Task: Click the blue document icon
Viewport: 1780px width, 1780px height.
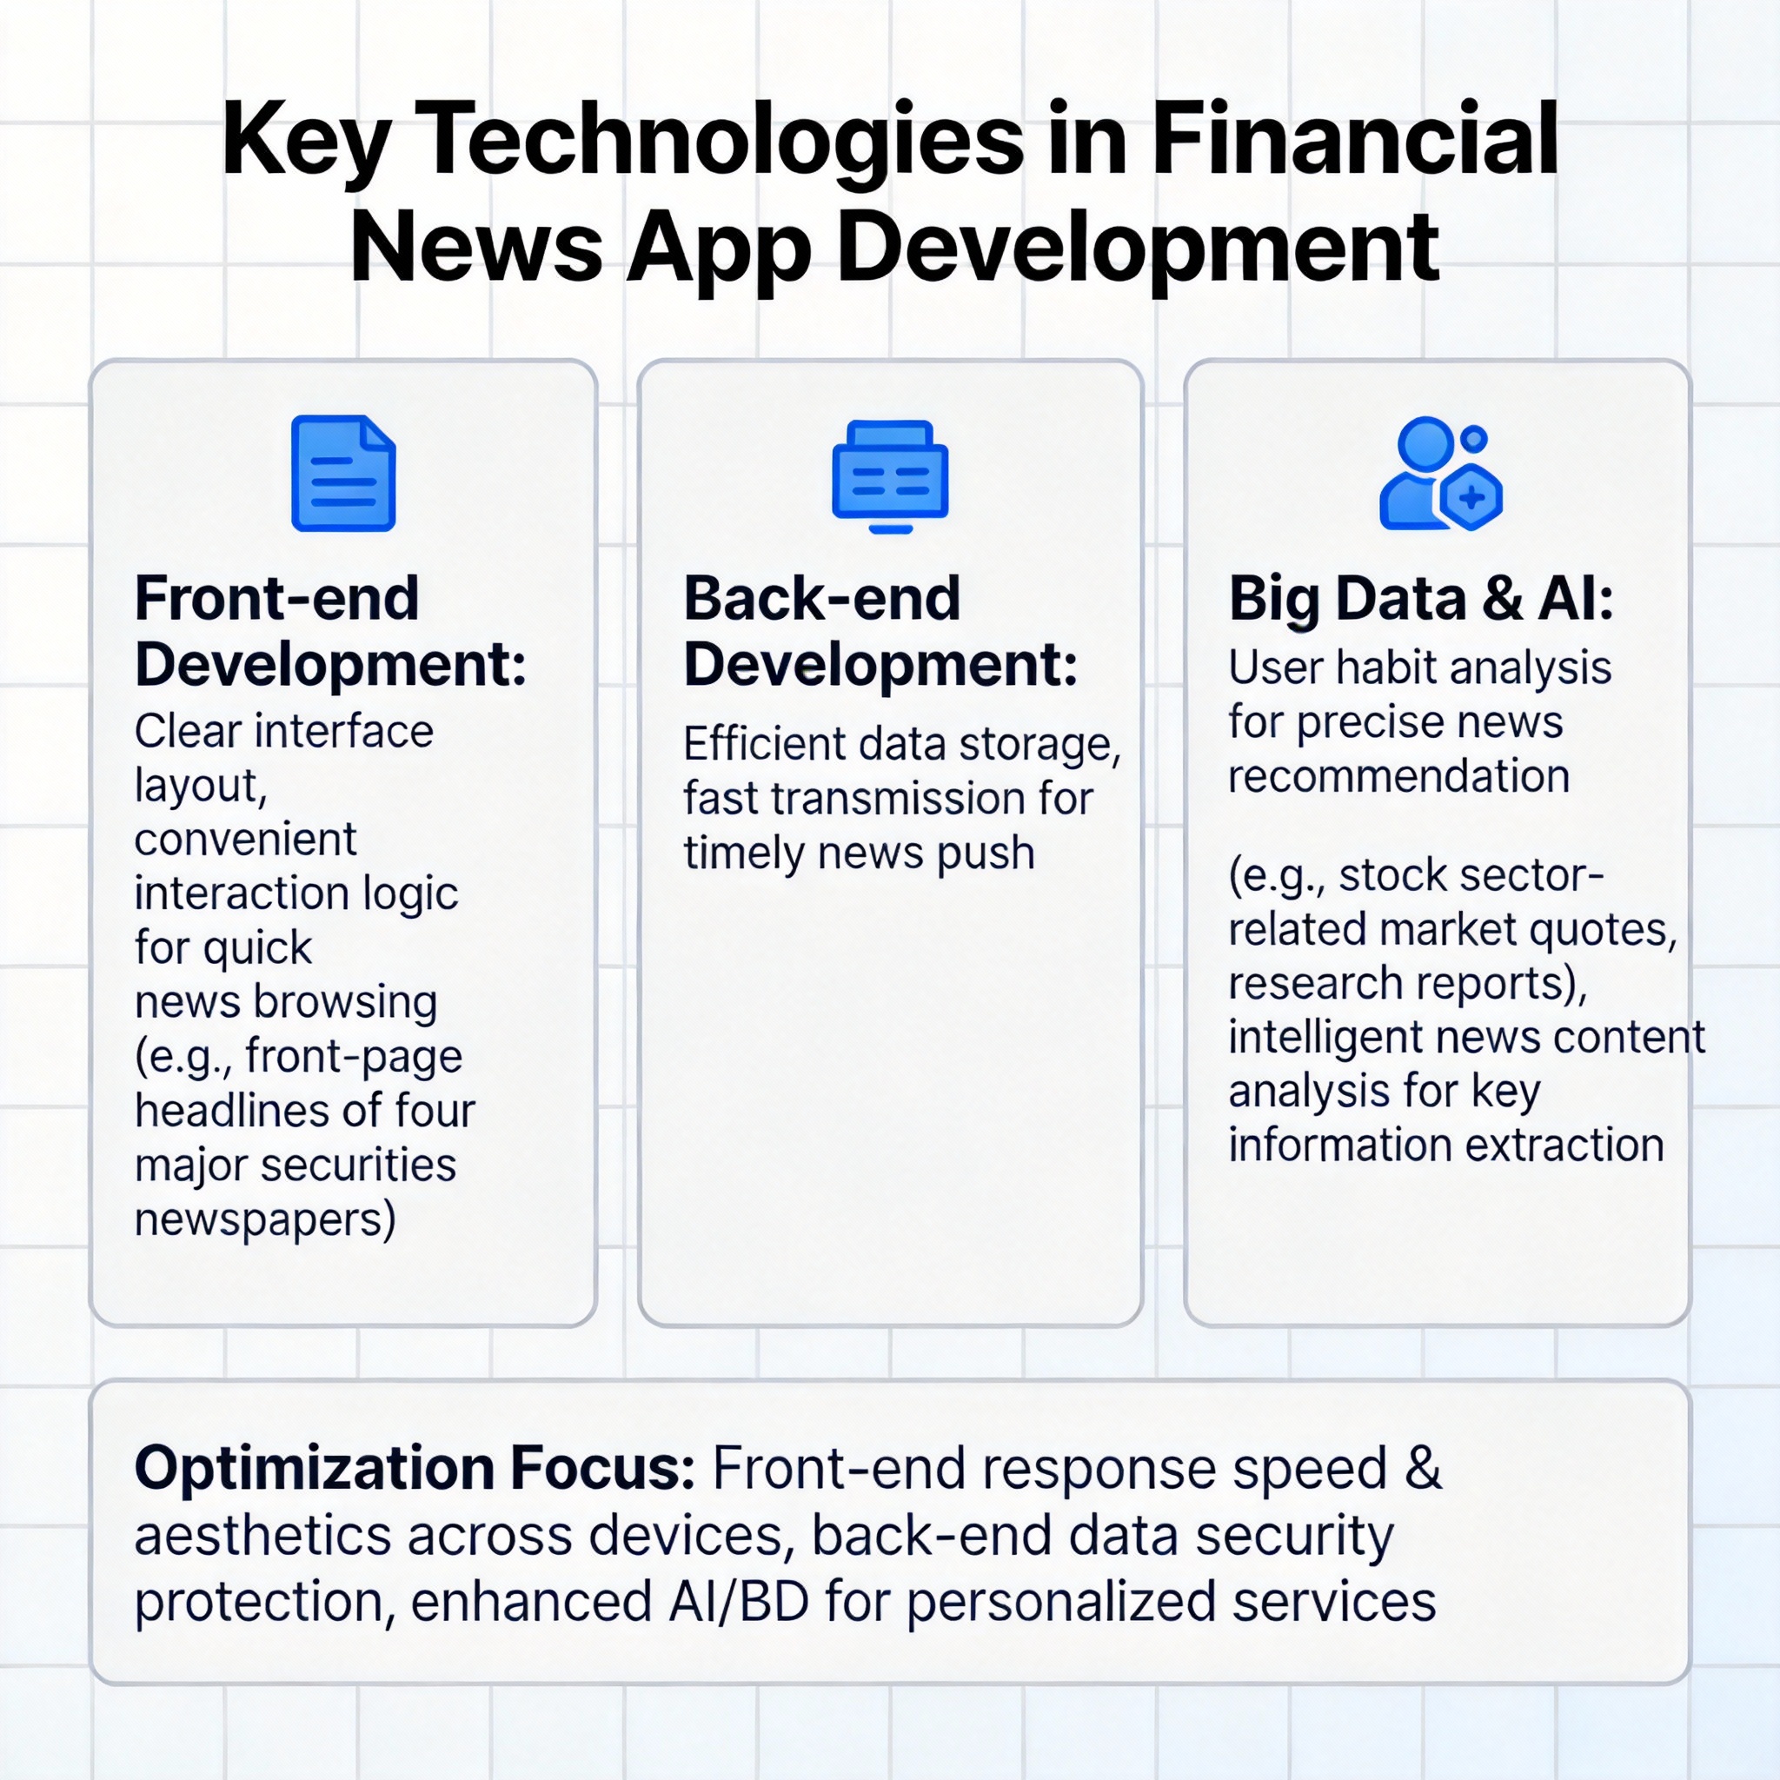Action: click(342, 473)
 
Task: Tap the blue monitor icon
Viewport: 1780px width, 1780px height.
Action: click(889, 476)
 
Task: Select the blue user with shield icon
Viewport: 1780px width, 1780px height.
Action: click(1440, 474)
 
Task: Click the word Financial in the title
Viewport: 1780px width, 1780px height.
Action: click(1354, 140)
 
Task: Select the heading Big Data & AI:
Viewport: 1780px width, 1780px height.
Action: click(1421, 599)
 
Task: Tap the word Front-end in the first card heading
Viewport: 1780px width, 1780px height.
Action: click(277, 598)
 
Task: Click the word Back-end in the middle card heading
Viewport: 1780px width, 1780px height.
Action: click(822, 598)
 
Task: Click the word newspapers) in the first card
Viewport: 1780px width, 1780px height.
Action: click(265, 1219)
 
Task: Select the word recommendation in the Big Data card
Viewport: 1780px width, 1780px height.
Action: click(1398, 776)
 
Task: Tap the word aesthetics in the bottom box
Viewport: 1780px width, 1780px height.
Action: click(263, 1536)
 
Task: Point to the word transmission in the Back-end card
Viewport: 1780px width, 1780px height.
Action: click(899, 799)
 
